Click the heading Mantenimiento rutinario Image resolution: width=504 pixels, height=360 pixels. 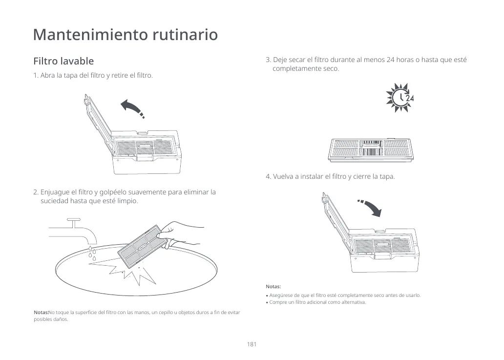pos(125,35)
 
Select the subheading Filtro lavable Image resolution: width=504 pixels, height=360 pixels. pos(63,62)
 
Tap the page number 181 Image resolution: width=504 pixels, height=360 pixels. pos(252,344)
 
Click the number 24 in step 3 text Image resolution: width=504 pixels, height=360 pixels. pos(390,60)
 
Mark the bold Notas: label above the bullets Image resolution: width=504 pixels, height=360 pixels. pos(273,287)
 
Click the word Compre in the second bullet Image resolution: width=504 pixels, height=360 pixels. pos(278,302)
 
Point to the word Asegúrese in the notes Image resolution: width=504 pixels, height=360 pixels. pos(282,296)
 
